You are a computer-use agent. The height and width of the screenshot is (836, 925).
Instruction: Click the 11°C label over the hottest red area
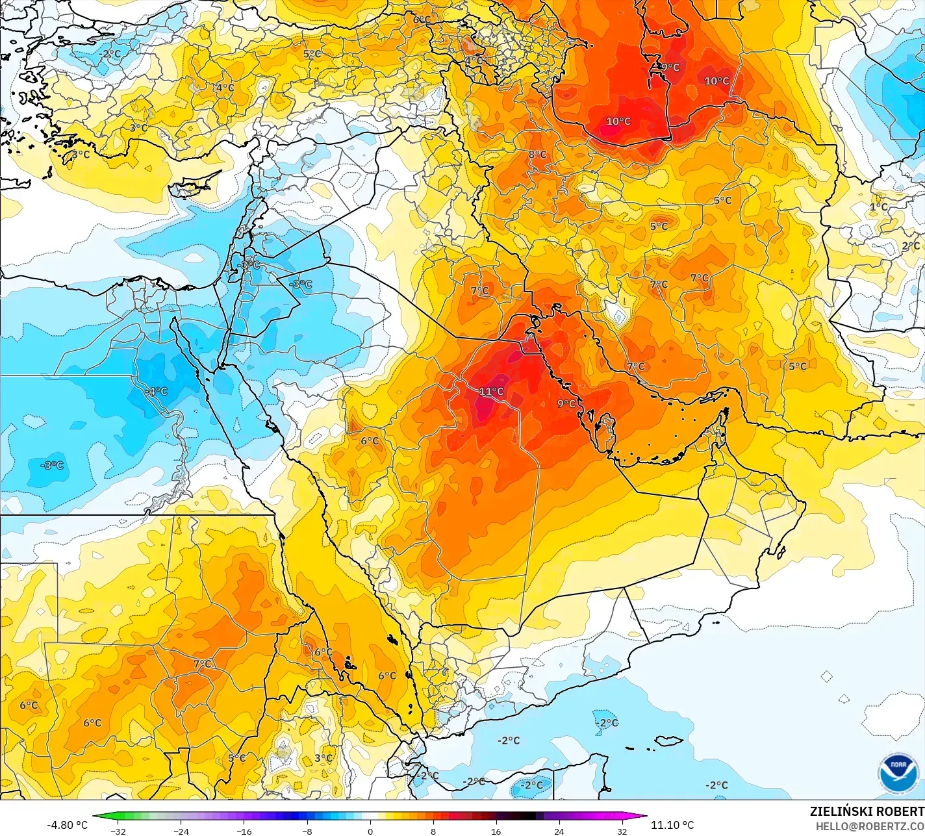tap(492, 391)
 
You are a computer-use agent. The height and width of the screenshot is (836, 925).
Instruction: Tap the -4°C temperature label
tap(157, 392)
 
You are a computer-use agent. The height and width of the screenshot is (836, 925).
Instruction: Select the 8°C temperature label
tap(537, 155)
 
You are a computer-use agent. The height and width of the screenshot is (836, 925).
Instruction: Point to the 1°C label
tap(878, 207)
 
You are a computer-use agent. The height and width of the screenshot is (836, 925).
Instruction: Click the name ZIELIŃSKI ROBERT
tap(867, 811)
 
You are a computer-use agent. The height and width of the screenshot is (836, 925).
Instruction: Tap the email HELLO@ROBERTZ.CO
tap(870, 826)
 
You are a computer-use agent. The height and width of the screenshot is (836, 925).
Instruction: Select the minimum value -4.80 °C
tap(67, 825)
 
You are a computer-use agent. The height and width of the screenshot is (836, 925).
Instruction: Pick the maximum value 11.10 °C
tap(672, 825)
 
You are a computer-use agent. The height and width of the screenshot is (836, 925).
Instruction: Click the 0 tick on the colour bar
tap(370, 831)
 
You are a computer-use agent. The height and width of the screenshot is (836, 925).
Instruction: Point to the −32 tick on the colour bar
tap(118, 831)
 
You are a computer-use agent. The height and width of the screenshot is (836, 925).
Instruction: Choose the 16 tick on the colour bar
tap(496, 831)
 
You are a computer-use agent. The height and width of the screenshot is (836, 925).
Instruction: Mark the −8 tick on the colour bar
tap(307, 831)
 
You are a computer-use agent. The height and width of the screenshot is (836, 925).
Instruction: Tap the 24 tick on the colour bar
tap(559, 831)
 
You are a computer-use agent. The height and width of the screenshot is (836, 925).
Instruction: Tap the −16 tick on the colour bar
tap(244, 831)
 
